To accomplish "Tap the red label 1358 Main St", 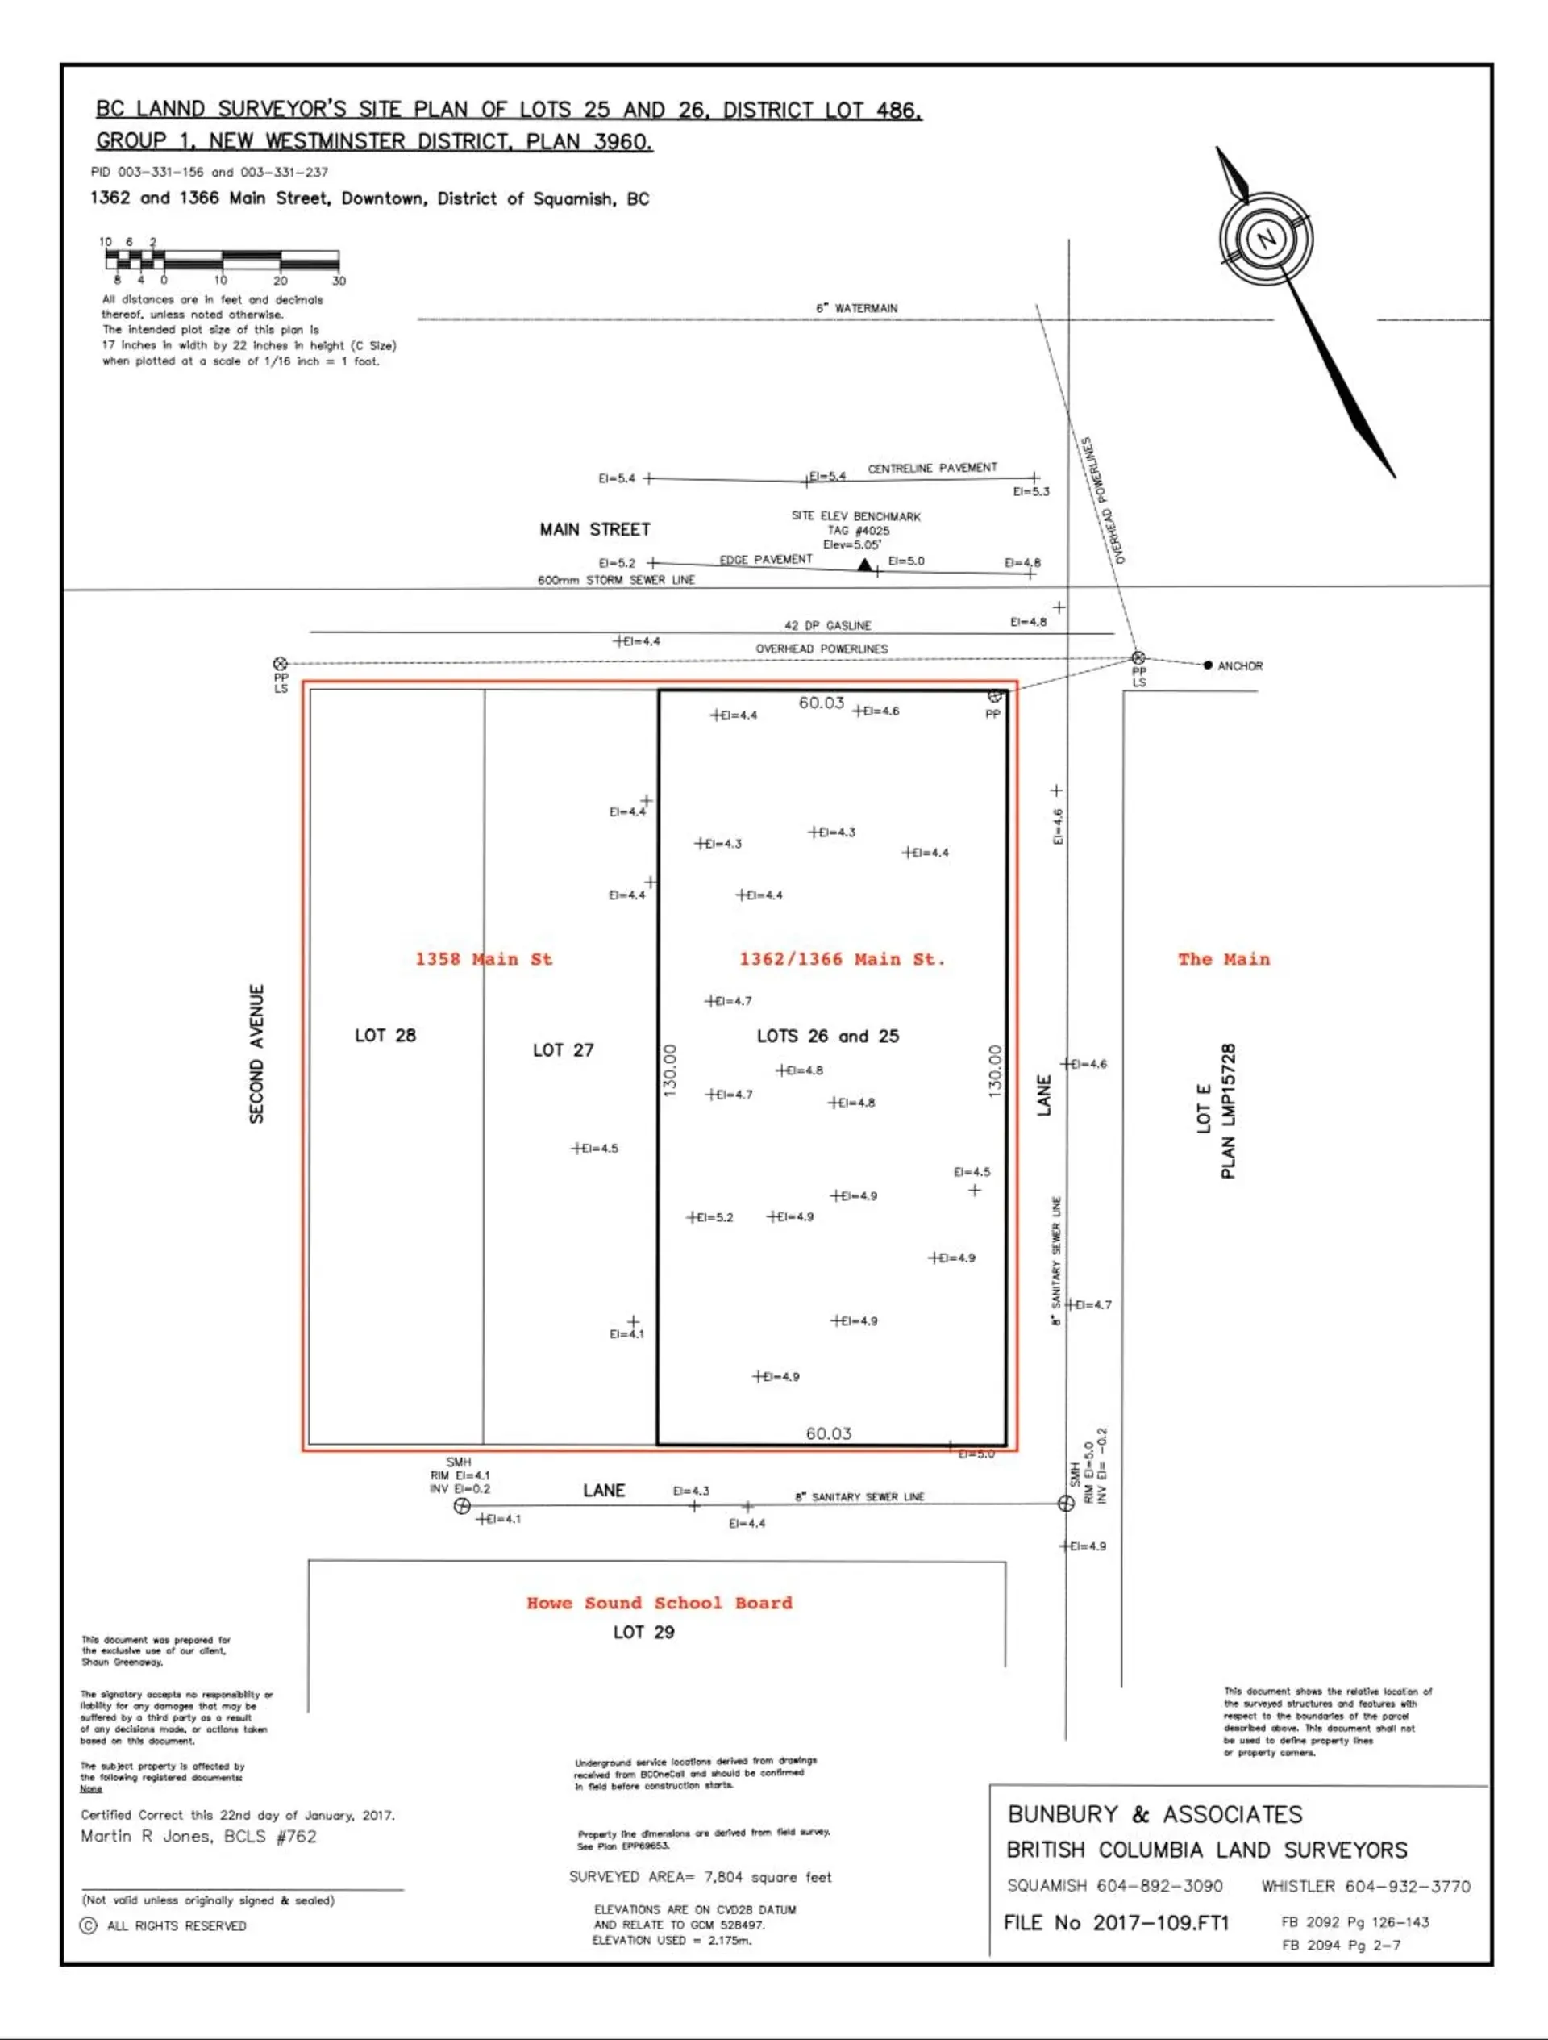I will point(483,959).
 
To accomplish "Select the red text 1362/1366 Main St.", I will point(842,959).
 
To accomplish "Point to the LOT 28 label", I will point(385,1036).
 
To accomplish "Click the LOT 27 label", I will point(564,1050).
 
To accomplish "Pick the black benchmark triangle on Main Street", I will point(863,565).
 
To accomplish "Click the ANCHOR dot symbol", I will point(1208,665).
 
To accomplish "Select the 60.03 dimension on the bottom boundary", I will point(828,1433).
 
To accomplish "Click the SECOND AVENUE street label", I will point(257,1053).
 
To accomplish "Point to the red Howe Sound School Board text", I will point(660,1603).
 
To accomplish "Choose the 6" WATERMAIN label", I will point(856,308).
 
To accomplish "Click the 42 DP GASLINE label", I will point(827,625).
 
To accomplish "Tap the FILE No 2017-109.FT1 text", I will point(1116,1923).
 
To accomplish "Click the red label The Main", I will point(1223,959).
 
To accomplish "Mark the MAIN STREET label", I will point(595,529).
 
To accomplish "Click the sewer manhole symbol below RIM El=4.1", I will point(462,1506).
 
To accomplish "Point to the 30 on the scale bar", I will point(339,281).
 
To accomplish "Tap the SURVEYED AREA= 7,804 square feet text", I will point(700,1877).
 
